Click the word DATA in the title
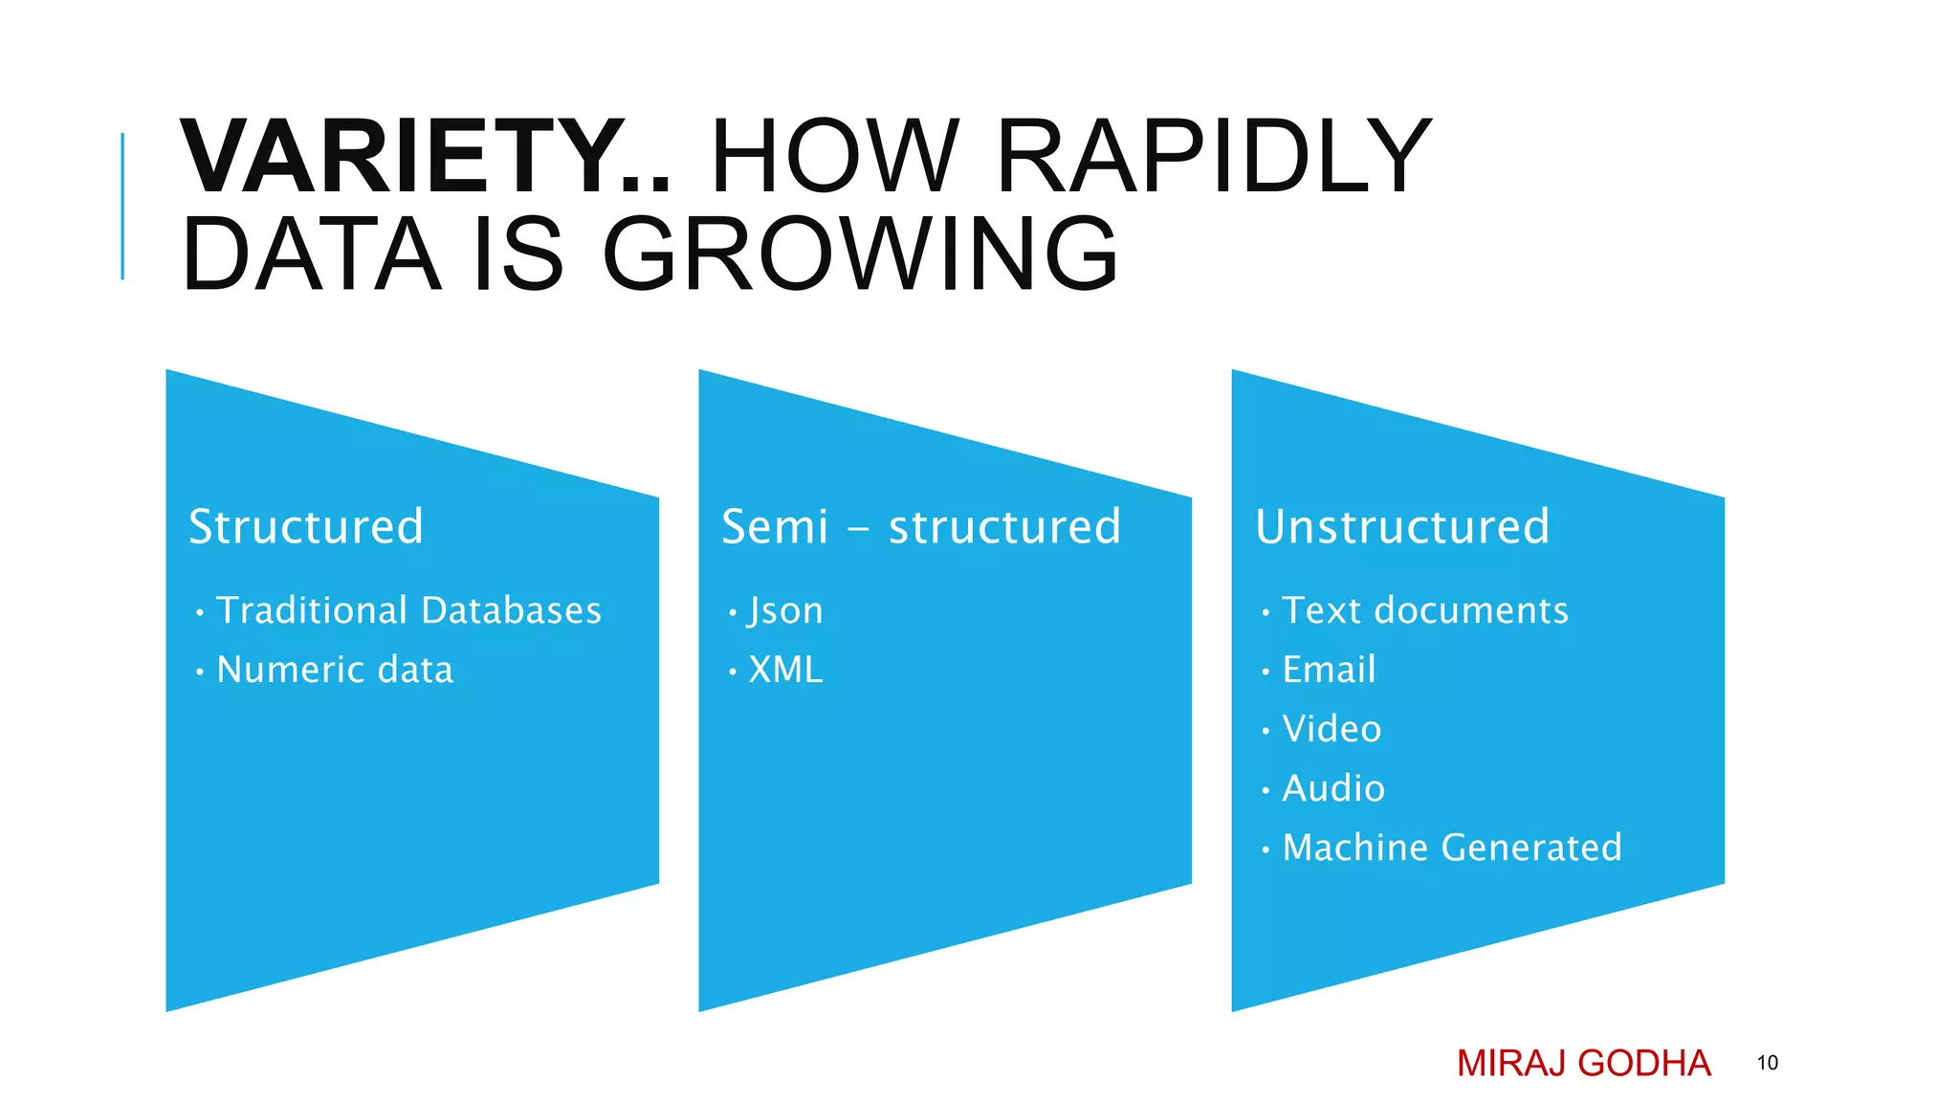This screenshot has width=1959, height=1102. (x=311, y=254)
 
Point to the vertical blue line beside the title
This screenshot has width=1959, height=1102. (x=122, y=206)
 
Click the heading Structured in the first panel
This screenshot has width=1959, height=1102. (x=305, y=526)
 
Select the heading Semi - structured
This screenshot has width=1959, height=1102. (x=920, y=526)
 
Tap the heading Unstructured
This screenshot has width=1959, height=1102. (x=1401, y=526)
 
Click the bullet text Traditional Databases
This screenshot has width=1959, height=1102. (x=408, y=610)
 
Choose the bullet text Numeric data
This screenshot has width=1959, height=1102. (x=335, y=670)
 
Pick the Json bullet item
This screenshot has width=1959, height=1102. (x=784, y=610)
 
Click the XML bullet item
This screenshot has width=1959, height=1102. (x=784, y=670)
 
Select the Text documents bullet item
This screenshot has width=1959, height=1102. (x=1424, y=610)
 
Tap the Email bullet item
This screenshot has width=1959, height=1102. (x=1328, y=670)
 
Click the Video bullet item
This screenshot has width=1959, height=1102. (x=1331, y=729)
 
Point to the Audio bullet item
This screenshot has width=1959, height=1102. (x=1332, y=788)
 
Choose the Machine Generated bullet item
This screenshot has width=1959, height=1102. (x=1451, y=848)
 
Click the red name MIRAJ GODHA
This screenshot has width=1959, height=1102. (x=1583, y=1063)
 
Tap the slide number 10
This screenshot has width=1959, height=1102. (x=1767, y=1063)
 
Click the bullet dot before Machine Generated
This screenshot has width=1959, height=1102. (x=1265, y=849)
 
